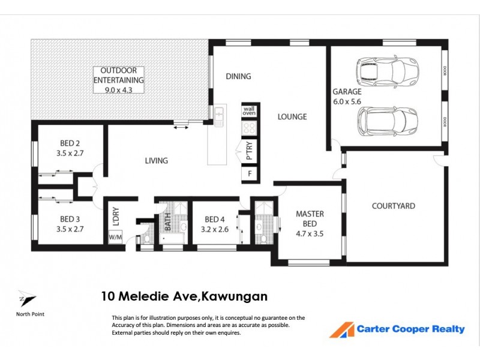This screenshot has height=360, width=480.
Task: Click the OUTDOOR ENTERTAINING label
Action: point(119,75)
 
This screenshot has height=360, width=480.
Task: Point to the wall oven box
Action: point(248,110)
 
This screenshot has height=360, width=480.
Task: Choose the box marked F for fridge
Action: point(249,175)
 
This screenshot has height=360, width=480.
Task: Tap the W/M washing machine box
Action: point(115,237)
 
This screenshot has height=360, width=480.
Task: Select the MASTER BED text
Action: point(310,219)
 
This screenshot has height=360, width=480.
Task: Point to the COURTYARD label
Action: point(393,206)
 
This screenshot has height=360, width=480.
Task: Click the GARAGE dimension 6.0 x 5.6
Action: point(347,101)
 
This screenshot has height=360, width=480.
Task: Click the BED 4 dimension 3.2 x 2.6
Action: point(215,229)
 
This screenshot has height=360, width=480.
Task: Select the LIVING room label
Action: point(156,161)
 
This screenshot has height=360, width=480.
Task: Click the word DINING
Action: point(238,76)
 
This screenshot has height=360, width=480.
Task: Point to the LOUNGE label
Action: point(292,117)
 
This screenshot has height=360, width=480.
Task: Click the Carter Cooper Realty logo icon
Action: point(342,329)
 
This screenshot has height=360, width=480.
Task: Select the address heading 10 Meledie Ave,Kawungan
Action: point(184,296)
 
